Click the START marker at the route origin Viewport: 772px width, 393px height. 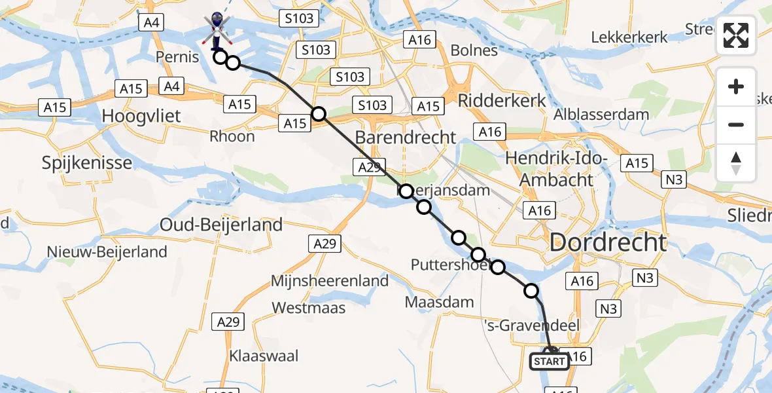[549, 361]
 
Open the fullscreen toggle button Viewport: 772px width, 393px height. [736, 35]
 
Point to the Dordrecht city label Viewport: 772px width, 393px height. [608, 242]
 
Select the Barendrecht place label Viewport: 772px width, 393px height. [405, 138]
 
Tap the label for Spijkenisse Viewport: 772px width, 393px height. [87, 162]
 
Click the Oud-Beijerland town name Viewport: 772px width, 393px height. [221, 225]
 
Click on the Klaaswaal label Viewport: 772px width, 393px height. [264, 356]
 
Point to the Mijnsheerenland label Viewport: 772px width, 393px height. [330, 281]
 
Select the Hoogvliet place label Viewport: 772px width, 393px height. [141, 117]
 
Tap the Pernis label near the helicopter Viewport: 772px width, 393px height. [177, 57]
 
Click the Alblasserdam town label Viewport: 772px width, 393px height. [601, 115]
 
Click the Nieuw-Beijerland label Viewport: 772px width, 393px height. [107, 252]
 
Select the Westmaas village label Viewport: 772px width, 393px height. [308, 307]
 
